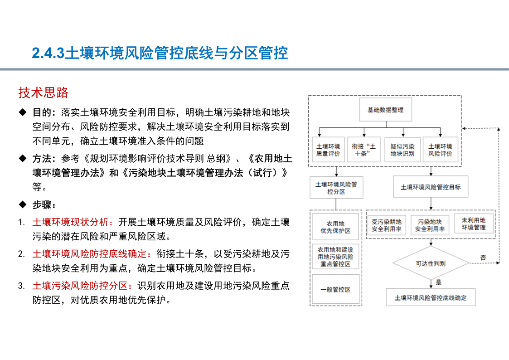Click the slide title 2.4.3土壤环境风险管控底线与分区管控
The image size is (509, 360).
coord(160,53)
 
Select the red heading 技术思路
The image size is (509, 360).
coord(43,92)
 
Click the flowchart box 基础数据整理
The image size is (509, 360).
coord(386,110)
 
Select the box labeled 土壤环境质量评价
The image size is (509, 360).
coord(328,150)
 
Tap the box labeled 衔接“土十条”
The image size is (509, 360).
coord(364,150)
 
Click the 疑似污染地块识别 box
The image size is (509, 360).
coord(402,150)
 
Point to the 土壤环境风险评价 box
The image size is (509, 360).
coord(441,150)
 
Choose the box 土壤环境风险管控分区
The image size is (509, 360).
coord(336,188)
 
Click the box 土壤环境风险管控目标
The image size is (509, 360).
coord(431,187)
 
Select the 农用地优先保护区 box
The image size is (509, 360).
coord(336,227)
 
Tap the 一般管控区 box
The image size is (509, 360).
coord(336,290)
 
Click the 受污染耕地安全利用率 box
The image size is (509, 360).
coord(387,225)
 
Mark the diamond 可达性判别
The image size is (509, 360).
coord(431,263)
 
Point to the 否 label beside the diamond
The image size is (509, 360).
coord(483,258)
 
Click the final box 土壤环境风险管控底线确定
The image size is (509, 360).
coord(431,297)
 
